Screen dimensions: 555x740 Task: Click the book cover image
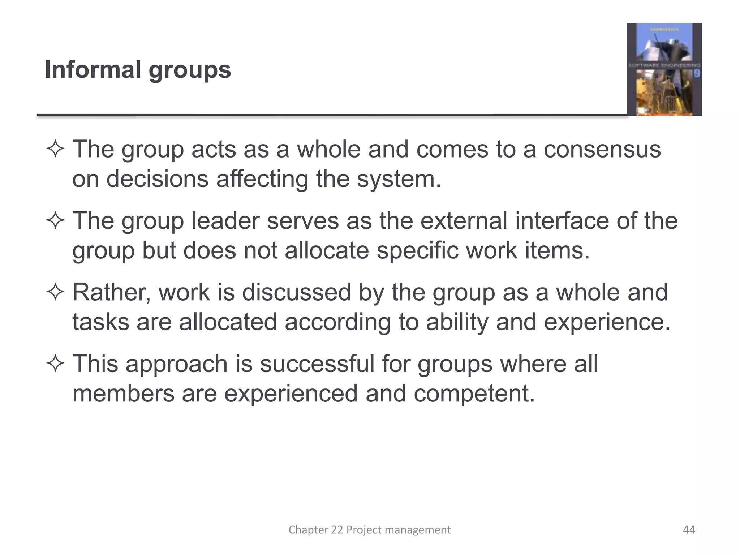tap(664, 69)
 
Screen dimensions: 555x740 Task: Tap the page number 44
tap(689, 530)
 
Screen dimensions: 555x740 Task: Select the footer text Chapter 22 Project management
tap(369, 530)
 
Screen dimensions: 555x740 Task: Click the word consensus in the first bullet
tap(602, 149)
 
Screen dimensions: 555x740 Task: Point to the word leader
tap(225, 221)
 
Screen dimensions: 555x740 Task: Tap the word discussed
tap(296, 292)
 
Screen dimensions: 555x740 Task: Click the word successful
tap(317, 364)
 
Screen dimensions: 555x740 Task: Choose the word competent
tap(474, 393)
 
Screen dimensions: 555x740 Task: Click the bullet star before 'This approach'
tap(55, 364)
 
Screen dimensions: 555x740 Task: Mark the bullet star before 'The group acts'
tap(55, 150)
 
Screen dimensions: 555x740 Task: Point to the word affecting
tap(262, 179)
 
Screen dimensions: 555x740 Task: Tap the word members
tap(123, 393)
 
